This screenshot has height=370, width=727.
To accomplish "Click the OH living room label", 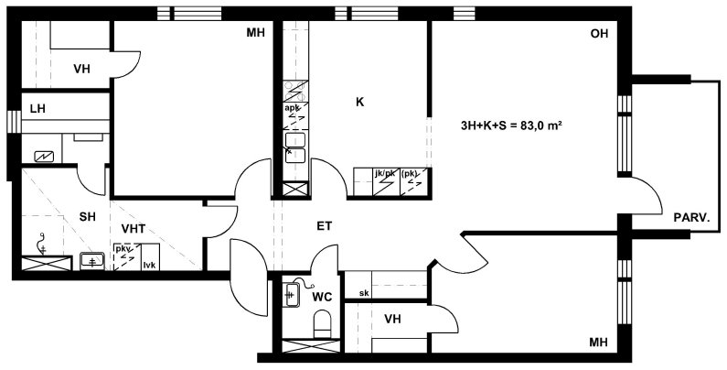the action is tap(599, 34).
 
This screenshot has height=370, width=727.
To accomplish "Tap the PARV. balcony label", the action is tap(691, 217).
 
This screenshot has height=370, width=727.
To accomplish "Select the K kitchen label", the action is tap(359, 103).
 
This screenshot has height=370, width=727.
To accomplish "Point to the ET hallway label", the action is tap(325, 226).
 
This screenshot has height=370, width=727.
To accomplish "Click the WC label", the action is tap(322, 297).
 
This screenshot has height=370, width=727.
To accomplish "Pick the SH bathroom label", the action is tap(87, 217).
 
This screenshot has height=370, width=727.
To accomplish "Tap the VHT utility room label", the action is tap(134, 228).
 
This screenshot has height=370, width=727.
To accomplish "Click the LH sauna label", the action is tap(37, 109).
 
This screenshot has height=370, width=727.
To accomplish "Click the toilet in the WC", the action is tap(322, 323).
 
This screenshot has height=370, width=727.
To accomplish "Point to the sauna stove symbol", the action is tap(44, 157).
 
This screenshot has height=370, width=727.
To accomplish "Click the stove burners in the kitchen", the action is tap(295, 92).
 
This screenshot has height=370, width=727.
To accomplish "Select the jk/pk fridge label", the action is tap(385, 174).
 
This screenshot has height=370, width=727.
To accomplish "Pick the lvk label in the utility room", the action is tap(149, 265).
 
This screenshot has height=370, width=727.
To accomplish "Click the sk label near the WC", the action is tap(364, 293).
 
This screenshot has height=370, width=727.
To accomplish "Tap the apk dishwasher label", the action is tap(292, 108).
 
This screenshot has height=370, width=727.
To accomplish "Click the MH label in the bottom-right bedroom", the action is tap(598, 343).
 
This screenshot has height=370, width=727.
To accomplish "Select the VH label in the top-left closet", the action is tap(81, 70).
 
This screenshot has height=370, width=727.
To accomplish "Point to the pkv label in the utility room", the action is tap(123, 249).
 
